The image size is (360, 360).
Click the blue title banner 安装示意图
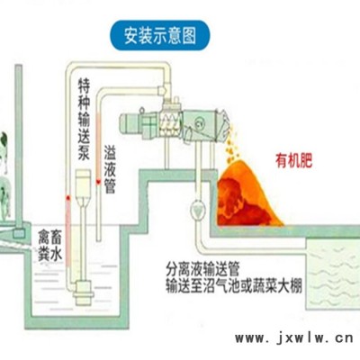160,35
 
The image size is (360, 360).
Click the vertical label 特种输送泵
84,119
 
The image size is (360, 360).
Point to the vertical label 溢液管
110,169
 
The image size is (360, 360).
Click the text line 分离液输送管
202,269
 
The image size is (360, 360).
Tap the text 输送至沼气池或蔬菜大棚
234,285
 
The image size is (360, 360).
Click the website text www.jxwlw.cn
294,338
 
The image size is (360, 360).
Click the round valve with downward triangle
198,209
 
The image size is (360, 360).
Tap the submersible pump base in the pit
84,291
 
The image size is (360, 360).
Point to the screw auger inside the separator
170,124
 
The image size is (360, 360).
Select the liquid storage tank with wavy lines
332,274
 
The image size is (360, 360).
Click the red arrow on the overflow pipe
98,182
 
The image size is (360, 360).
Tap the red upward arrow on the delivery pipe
68,198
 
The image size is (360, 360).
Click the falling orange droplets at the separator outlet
231,144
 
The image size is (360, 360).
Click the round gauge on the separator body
199,122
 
